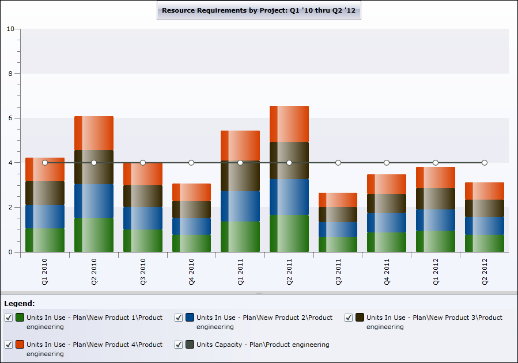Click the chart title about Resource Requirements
pyautogui.click(x=259, y=10)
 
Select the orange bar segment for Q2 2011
pyautogui.click(x=289, y=124)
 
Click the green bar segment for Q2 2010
pyautogui.click(x=94, y=235)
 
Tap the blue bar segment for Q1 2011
pyautogui.click(x=240, y=206)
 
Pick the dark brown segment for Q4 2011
pyautogui.click(x=387, y=203)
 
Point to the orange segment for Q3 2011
pyautogui.click(x=338, y=200)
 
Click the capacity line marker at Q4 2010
pyautogui.click(x=191, y=163)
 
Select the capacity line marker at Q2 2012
pyautogui.click(x=485, y=163)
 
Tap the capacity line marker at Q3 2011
pyautogui.click(x=338, y=163)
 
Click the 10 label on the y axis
pyautogui.click(x=10, y=29)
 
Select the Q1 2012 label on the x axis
pyautogui.click(x=436, y=272)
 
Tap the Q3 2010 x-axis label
pyautogui.click(x=143, y=272)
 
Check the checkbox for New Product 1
pyautogui.click(x=9, y=318)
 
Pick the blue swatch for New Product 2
pyautogui.click(x=190, y=318)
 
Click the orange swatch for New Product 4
pyautogui.click(x=20, y=345)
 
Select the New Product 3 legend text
pyautogui.click(x=434, y=322)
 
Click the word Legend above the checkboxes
pyautogui.click(x=20, y=303)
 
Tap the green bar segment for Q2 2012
pyautogui.click(x=485, y=243)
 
